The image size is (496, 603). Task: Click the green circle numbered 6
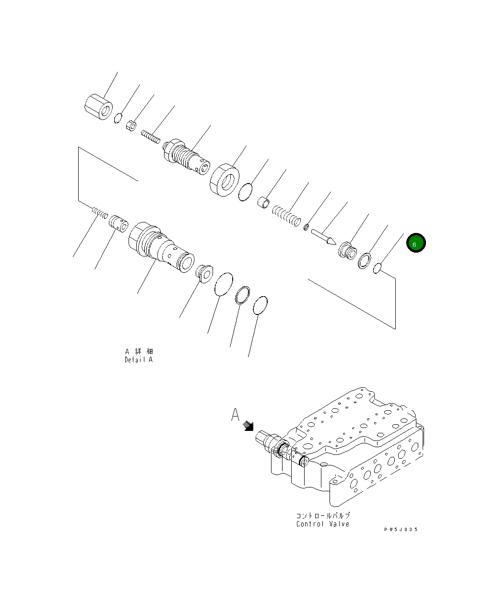coord(416,243)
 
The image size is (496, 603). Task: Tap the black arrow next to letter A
coord(248,426)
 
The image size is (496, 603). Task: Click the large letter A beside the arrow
coord(235,415)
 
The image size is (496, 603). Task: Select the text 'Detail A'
coord(139,359)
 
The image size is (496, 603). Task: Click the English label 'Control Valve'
coord(322,524)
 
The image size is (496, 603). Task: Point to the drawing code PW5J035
coord(401,529)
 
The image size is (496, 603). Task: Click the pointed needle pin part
coord(323,237)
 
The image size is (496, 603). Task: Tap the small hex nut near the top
coord(132,126)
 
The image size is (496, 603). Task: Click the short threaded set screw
coord(150,137)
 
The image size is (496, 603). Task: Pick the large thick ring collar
coord(224,180)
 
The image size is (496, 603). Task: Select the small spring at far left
coord(99,212)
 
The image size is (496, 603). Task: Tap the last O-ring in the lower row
coord(260,305)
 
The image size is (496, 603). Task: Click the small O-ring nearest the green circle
coord(377,269)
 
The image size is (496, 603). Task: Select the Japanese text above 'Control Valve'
coord(322,516)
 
